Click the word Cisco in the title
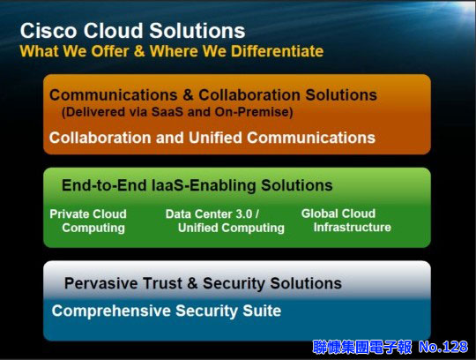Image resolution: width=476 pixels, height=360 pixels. click(48, 31)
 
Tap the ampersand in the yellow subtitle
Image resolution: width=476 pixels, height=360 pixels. click(139, 50)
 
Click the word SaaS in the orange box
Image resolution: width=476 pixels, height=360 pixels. click(167, 112)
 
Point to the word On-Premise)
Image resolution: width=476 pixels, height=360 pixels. click(254, 112)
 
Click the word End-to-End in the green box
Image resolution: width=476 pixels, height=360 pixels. click(104, 185)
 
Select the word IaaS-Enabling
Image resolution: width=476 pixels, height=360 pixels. click(204, 185)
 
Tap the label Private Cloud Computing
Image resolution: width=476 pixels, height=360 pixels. click(88, 221)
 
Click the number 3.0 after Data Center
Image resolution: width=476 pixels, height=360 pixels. click(244, 214)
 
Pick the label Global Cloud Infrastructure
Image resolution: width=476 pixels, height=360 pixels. click(346, 221)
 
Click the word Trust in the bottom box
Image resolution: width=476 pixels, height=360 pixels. click(162, 283)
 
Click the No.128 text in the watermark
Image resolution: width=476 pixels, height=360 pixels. click(443, 347)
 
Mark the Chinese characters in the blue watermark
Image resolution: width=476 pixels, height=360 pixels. click(362, 347)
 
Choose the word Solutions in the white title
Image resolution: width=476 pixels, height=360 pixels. click(197, 31)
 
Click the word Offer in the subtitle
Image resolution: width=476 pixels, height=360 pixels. click(110, 50)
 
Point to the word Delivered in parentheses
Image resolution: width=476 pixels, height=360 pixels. click(93, 112)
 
